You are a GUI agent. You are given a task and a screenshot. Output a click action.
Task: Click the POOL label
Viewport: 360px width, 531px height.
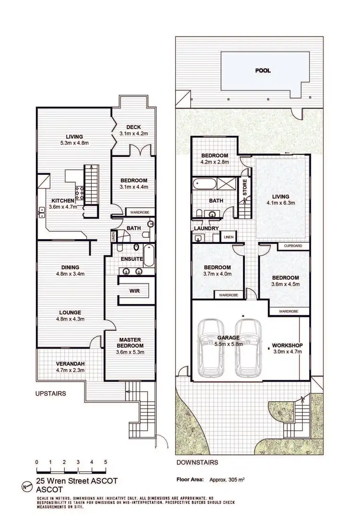pos(263,71)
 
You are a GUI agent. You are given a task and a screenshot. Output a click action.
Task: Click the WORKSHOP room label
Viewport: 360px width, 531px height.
pos(288,346)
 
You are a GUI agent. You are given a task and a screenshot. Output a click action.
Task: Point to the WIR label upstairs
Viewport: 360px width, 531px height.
pos(134,291)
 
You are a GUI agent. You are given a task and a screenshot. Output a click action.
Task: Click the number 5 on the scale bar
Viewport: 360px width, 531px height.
pos(105,462)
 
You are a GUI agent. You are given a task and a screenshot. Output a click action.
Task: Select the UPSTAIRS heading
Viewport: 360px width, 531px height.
pos(50,393)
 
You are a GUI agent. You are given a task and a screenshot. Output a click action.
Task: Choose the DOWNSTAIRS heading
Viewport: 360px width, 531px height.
pos(197,463)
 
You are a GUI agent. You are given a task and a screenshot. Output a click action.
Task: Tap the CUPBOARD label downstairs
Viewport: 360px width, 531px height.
pos(293,246)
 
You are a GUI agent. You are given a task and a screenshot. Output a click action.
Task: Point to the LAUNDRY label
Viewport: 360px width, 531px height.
pos(206,228)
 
